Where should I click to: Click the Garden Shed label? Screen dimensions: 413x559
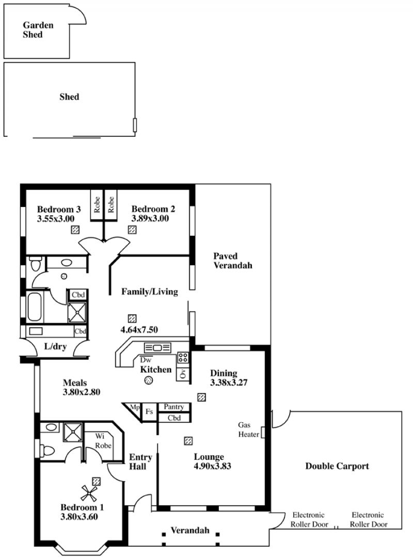(x=38, y=30)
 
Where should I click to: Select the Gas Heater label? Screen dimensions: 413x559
(x=249, y=429)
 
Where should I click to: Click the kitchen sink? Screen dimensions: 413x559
(x=157, y=347)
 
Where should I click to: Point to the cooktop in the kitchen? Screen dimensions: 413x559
(x=183, y=358)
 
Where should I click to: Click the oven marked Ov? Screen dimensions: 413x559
(x=183, y=373)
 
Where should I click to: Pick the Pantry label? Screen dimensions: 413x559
(x=173, y=407)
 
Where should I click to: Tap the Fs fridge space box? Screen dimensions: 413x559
(x=149, y=412)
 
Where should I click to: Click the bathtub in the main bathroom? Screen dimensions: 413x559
(x=35, y=307)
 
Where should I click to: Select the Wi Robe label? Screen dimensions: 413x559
(x=103, y=441)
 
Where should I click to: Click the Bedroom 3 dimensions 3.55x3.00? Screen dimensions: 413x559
(x=56, y=218)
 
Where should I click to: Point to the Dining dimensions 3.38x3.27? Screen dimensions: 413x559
(x=229, y=382)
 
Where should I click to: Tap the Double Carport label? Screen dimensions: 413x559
(x=337, y=466)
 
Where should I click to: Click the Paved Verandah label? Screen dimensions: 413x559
(x=232, y=261)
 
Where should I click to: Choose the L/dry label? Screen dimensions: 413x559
(x=55, y=346)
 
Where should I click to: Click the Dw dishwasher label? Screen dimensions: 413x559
(x=146, y=360)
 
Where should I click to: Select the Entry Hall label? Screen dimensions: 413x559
(x=140, y=462)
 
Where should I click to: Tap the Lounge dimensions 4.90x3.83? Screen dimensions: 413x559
(x=212, y=466)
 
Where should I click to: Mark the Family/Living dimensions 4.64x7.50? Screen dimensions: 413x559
(x=139, y=330)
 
